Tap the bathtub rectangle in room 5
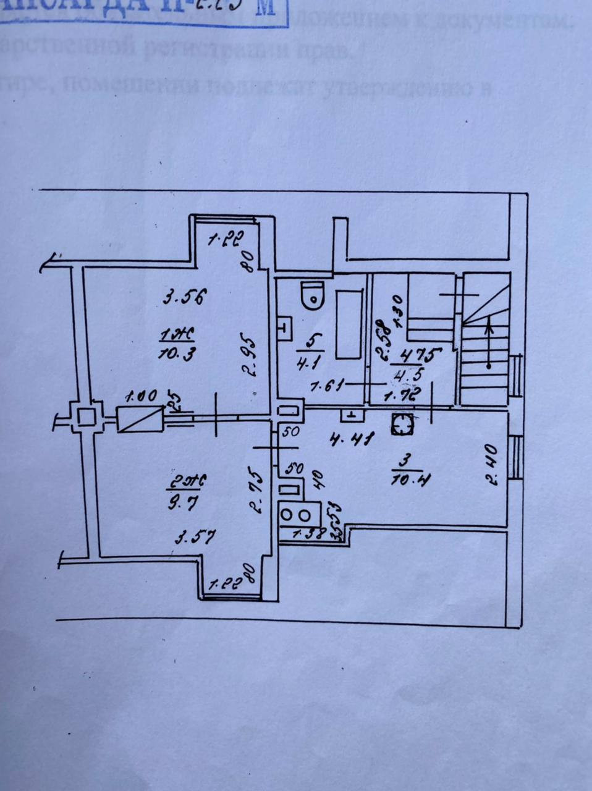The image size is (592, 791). pyautogui.click(x=349, y=324)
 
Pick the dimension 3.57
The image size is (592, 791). pyautogui.click(x=195, y=538)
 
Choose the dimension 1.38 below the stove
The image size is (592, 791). pyautogui.click(x=308, y=535)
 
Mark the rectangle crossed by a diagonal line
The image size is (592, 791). pyautogui.click(x=139, y=419)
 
